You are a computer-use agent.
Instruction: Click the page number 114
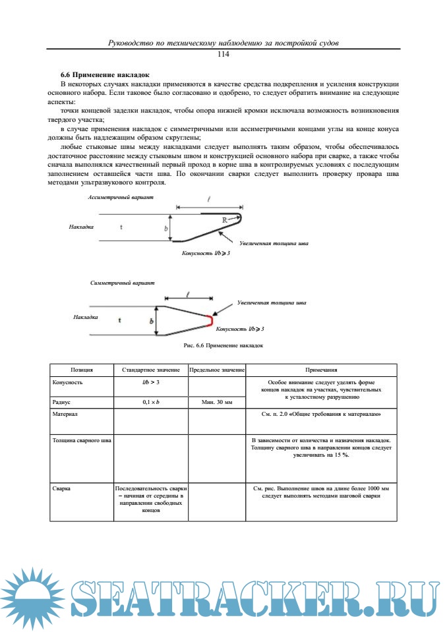pos(223,54)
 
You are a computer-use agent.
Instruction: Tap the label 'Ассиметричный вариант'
pos(121,198)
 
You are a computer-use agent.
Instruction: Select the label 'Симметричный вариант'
pos(123,282)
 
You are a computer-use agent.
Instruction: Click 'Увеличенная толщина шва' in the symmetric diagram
pos(272,303)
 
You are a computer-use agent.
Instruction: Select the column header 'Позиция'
pos(82,370)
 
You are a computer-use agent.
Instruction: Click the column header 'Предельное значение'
pos(217,370)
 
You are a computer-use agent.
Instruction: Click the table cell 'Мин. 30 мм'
pos(217,401)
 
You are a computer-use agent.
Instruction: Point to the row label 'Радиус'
pos(61,401)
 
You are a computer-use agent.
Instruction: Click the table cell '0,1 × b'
pos(151,401)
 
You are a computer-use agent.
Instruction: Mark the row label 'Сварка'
pos(61,490)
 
